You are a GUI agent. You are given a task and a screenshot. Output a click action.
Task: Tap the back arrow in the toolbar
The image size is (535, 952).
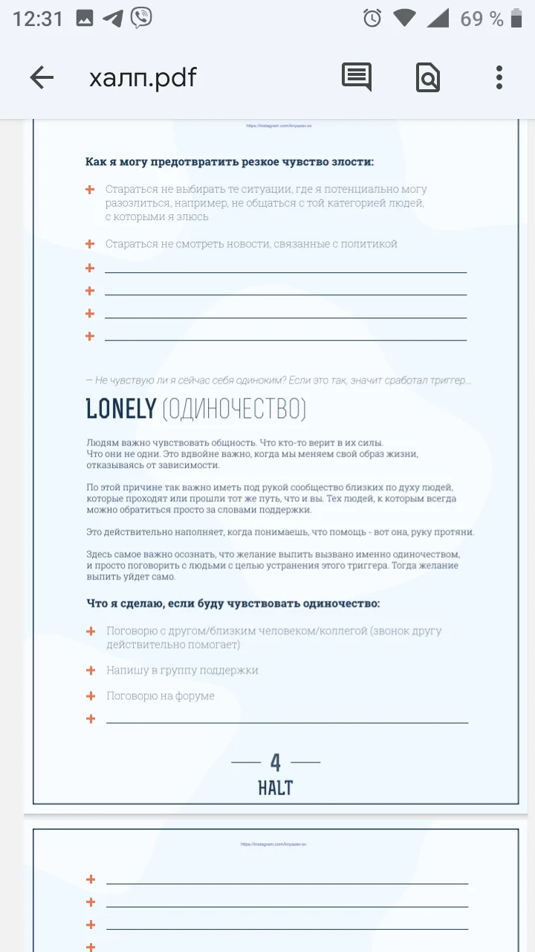42,77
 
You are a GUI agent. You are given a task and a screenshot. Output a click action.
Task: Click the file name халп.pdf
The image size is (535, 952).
143,77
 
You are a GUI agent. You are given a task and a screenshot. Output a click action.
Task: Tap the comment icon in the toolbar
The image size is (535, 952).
357,77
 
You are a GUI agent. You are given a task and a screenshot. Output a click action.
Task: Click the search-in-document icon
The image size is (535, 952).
428,77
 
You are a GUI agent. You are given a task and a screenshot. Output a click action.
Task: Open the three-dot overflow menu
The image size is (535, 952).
499,77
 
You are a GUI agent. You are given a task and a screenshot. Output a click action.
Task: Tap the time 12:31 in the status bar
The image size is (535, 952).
38,19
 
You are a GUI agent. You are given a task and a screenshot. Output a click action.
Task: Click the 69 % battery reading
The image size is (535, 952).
481,19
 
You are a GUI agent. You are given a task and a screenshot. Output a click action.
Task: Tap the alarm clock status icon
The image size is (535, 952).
372,19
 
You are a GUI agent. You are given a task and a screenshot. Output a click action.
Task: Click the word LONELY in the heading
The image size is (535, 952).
121,408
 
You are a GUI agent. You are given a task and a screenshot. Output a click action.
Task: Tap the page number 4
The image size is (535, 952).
276,762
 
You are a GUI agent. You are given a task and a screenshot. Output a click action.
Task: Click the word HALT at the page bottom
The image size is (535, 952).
276,788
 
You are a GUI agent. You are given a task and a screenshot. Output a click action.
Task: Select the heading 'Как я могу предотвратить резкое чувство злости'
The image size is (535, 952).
230,161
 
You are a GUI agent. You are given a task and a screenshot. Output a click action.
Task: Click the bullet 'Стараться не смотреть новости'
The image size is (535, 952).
251,244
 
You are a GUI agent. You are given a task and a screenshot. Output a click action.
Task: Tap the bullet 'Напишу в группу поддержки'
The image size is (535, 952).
182,670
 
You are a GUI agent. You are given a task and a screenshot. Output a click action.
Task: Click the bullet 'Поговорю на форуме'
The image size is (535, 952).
160,696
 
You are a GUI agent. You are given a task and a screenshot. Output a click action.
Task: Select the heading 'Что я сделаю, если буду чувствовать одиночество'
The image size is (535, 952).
233,603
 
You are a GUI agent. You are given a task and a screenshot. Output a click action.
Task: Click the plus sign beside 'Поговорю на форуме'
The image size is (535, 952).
91,696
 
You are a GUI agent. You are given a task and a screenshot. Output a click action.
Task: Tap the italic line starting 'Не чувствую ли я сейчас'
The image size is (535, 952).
279,380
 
